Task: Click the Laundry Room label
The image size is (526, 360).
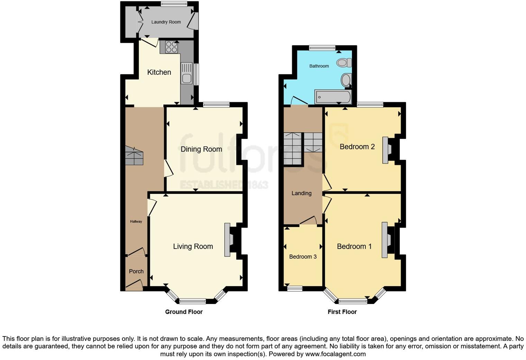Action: point(166,22)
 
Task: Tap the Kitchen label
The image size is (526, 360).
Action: point(159,72)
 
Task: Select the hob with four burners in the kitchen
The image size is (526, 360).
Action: point(171,47)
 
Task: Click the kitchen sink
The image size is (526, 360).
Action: point(187,73)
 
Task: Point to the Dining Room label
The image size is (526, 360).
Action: point(201,149)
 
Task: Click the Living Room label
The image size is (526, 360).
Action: point(193,246)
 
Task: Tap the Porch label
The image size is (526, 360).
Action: point(136,271)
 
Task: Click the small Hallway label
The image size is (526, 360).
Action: point(136,222)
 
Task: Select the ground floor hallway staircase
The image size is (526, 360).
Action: point(134,155)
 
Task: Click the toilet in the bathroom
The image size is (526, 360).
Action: point(343,63)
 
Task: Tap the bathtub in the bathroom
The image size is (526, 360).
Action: point(333,97)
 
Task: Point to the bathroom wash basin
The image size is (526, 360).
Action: point(345,80)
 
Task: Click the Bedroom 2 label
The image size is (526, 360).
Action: point(357,147)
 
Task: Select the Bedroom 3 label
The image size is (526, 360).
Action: point(303,257)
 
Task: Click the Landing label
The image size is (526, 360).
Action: point(301,193)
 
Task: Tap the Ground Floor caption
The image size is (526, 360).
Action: point(184,312)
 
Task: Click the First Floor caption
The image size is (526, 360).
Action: point(342,312)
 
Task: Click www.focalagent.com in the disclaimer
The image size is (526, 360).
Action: point(335,354)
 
